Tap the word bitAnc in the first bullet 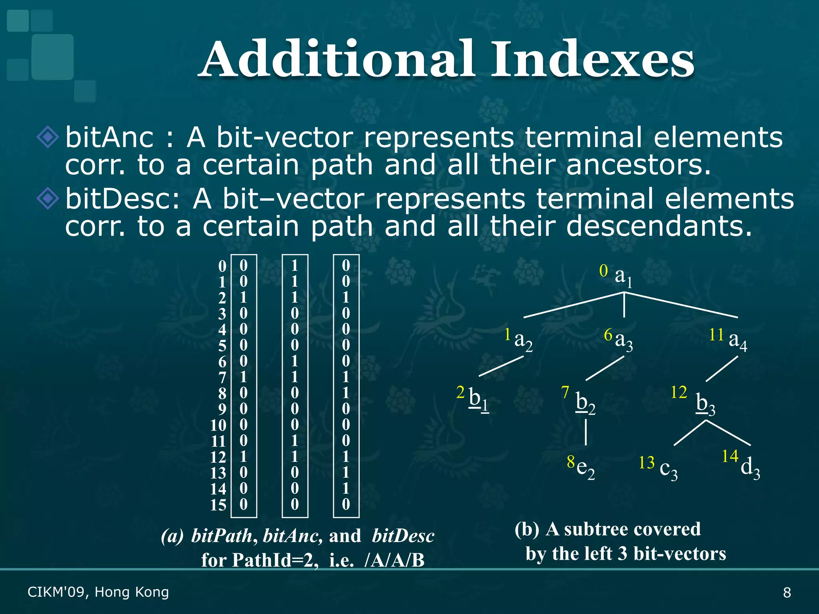tap(109, 138)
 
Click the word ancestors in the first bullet tap(638, 165)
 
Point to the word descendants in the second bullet tap(659, 226)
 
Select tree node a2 tap(523, 341)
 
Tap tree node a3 tap(623, 341)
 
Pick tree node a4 tap(737, 341)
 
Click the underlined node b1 tap(478, 399)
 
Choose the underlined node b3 tap(705, 404)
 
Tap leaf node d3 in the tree tap(750, 467)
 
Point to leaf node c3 tap(668, 468)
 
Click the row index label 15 tap(218, 505)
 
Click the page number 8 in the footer tap(787, 592)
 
